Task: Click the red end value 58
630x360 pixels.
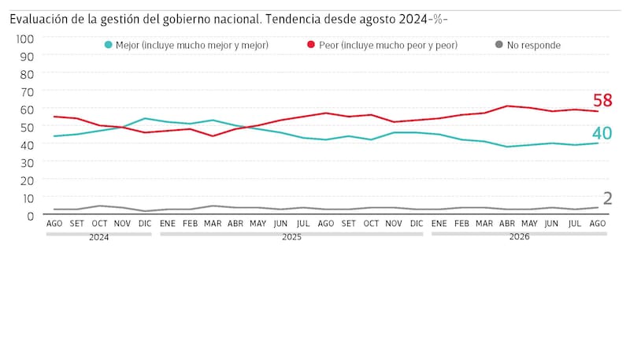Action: click(602, 101)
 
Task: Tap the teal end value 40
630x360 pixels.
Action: click(602, 133)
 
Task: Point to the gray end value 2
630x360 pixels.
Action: click(607, 199)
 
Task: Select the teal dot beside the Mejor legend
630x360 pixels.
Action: click(108, 45)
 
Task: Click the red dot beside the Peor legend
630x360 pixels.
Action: click(311, 45)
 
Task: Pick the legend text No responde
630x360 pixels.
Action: click(534, 46)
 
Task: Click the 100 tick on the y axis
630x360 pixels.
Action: click(25, 39)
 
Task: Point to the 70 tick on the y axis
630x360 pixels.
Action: click(27, 92)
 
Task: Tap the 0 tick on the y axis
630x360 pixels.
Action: click(31, 216)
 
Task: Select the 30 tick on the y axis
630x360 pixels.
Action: click(27, 163)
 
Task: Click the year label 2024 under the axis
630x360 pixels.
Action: click(99, 237)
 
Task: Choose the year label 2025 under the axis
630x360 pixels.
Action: click(291, 237)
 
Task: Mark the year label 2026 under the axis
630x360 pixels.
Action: click(520, 237)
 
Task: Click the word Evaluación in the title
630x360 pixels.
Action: click(39, 19)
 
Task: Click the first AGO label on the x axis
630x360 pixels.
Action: click(54, 224)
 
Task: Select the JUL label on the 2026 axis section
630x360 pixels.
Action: click(575, 224)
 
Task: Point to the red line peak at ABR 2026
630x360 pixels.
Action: click(507, 106)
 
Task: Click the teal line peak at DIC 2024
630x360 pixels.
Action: click(145, 118)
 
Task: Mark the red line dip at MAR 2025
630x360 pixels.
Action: click(213, 135)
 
